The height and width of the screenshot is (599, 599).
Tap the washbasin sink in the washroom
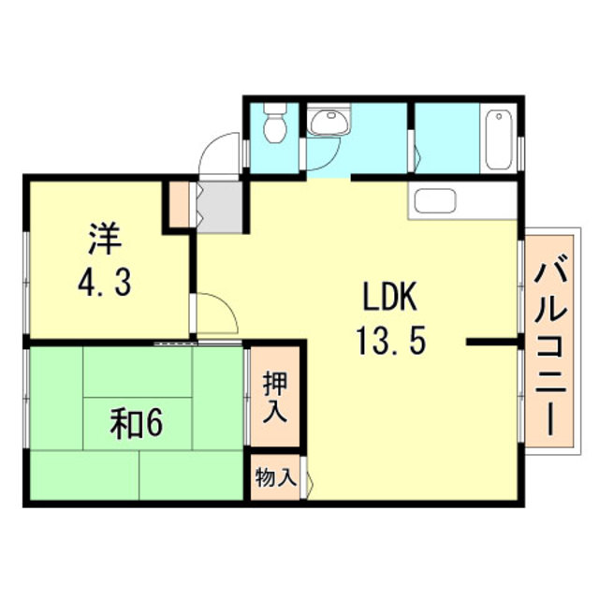tap(327, 122)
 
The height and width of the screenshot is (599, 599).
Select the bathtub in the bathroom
tap(498, 139)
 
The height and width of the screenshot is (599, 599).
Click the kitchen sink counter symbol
tap(434, 200)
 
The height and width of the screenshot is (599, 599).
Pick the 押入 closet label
tap(274, 397)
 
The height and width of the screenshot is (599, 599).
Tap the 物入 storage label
tap(276, 477)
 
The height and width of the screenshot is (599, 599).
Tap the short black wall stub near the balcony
tap(491, 343)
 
